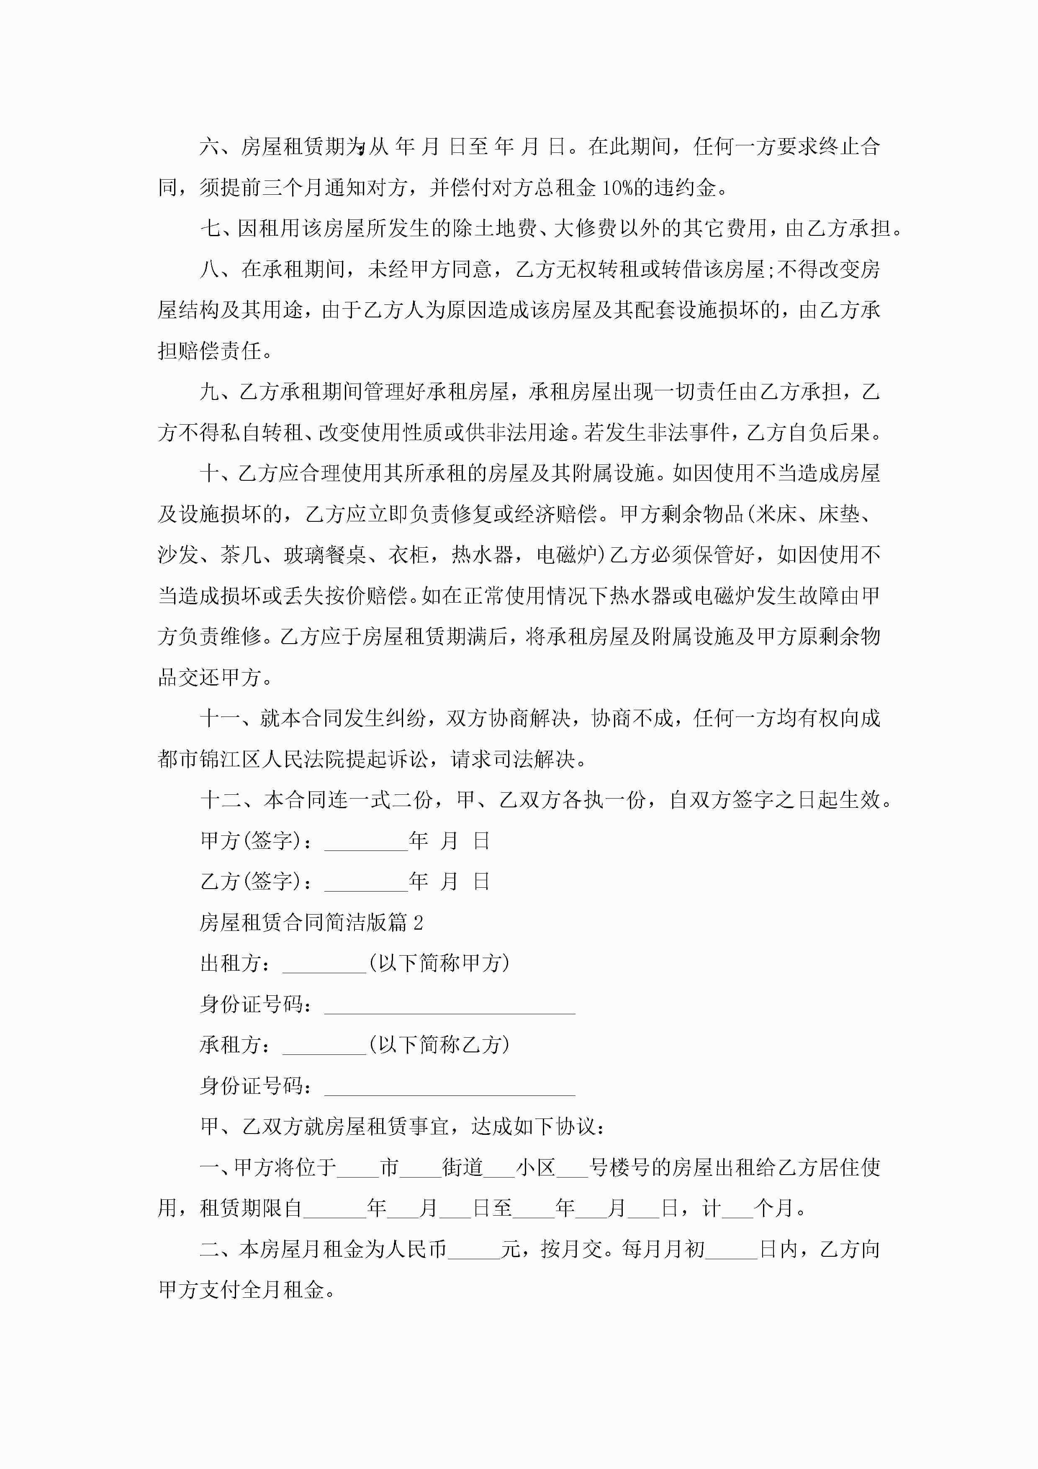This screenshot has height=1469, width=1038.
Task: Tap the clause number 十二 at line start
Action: pos(221,800)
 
